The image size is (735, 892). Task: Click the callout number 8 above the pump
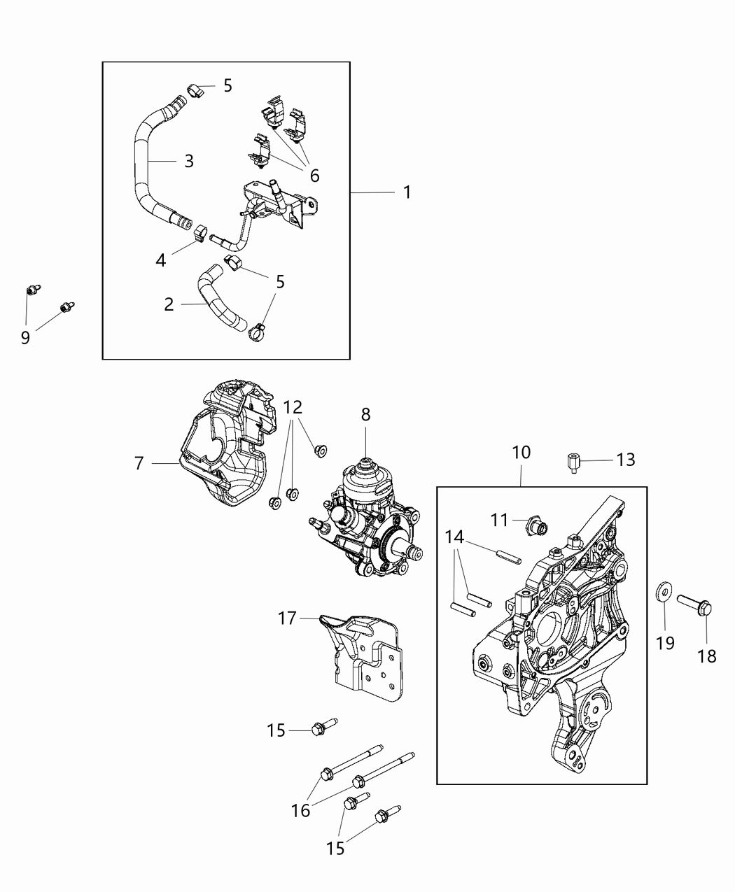(365, 414)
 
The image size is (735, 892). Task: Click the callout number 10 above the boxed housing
(521, 453)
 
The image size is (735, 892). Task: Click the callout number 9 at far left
(25, 338)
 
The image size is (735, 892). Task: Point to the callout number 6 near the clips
(314, 175)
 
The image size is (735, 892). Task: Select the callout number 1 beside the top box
(407, 192)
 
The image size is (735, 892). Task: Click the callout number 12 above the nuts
(293, 406)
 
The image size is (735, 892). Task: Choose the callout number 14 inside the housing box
(454, 537)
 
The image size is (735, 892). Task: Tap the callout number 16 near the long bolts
(301, 810)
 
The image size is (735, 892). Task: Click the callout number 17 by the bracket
(287, 618)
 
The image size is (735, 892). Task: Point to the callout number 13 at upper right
(625, 459)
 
